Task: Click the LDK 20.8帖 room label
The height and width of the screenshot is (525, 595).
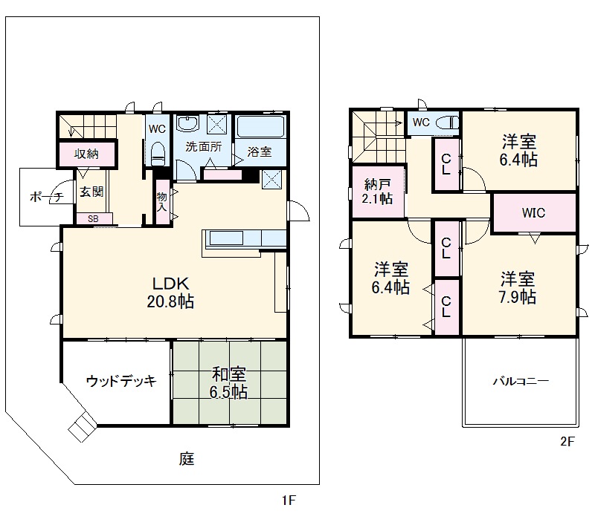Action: click(x=173, y=292)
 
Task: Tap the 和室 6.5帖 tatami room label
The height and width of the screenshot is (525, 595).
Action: click(x=228, y=383)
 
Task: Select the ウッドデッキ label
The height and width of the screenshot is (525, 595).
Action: click(x=120, y=382)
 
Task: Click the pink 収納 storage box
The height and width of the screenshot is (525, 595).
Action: click(x=87, y=154)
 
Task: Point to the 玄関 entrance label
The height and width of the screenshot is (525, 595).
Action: click(x=91, y=191)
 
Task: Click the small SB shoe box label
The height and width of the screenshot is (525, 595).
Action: click(x=93, y=218)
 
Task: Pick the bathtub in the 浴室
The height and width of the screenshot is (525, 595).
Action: click(x=260, y=127)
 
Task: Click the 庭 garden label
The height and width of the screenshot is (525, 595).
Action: click(x=186, y=458)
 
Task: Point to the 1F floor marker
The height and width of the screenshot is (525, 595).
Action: click(x=289, y=500)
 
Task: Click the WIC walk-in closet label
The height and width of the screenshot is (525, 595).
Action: click(x=533, y=212)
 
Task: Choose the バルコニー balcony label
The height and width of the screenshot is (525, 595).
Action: click(x=521, y=382)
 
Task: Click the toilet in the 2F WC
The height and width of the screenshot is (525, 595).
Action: click(x=448, y=123)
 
